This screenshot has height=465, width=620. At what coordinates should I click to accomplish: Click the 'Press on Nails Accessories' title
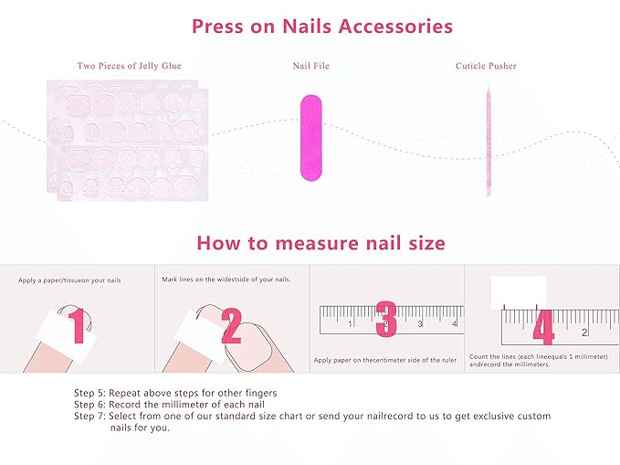click(x=321, y=26)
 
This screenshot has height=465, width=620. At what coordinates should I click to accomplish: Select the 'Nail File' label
click(x=310, y=67)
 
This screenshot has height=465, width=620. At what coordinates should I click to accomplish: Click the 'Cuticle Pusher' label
click(x=486, y=67)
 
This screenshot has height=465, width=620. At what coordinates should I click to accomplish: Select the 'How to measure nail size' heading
click(x=321, y=243)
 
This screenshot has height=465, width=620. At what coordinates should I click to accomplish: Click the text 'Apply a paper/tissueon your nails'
click(x=69, y=280)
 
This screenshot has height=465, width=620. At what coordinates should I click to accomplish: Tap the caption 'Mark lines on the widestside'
click(x=226, y=279)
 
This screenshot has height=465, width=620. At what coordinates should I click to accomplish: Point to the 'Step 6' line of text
click(x=171, y=405)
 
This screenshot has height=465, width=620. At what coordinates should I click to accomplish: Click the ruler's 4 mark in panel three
click(x=419, y=323)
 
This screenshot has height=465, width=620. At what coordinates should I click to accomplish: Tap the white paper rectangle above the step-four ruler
click(x=518, y=292)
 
